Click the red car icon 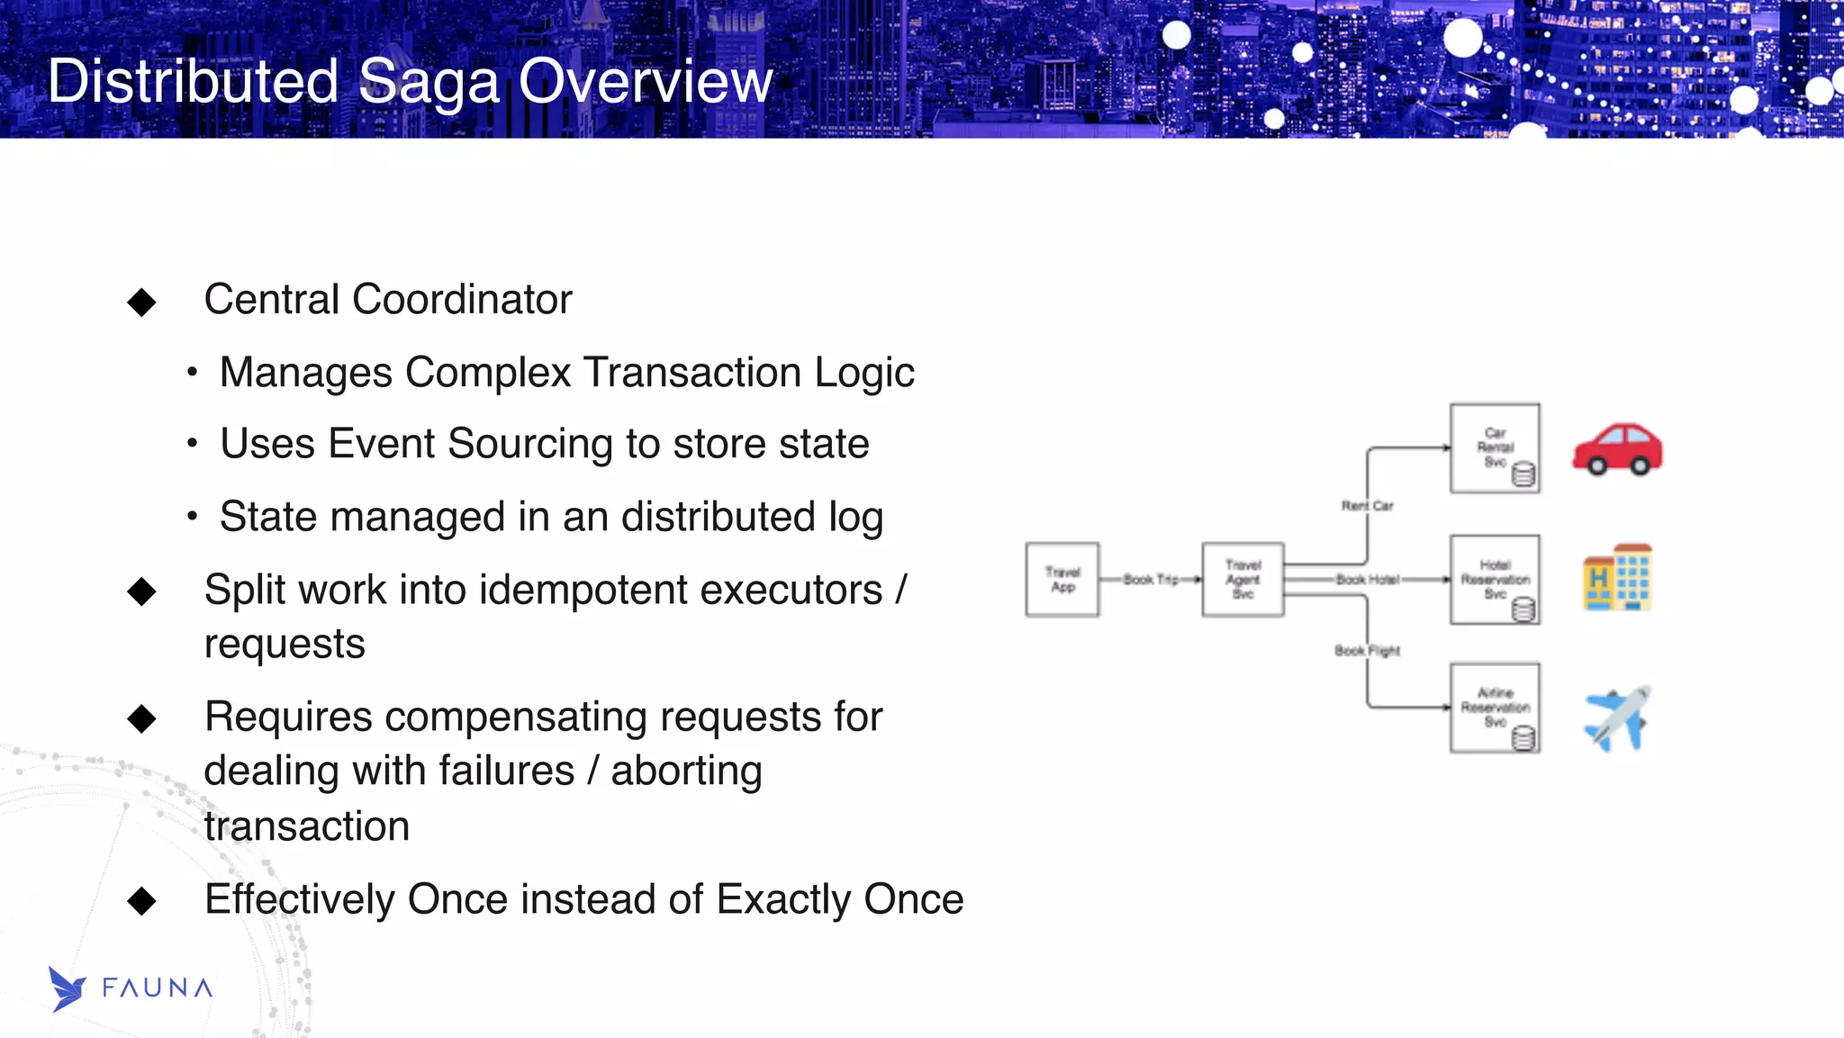tap(1617, 448)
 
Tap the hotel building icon tap(1617, 578)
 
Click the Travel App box tap(1062, 580)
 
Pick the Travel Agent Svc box tap(1243, 580)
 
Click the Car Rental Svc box tap(1494, 447)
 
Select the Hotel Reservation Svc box tap(1494, 579)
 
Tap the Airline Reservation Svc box tap(1494, 708)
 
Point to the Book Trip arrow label tap(1150, 580)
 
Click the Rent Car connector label tap(1367, 506)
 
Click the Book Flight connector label tap(1367, 650)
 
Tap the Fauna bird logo tap(67, 988)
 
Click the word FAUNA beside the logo tap(158, 988)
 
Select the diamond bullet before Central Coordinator tap(141, 302)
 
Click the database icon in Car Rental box tap(1523, 474)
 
